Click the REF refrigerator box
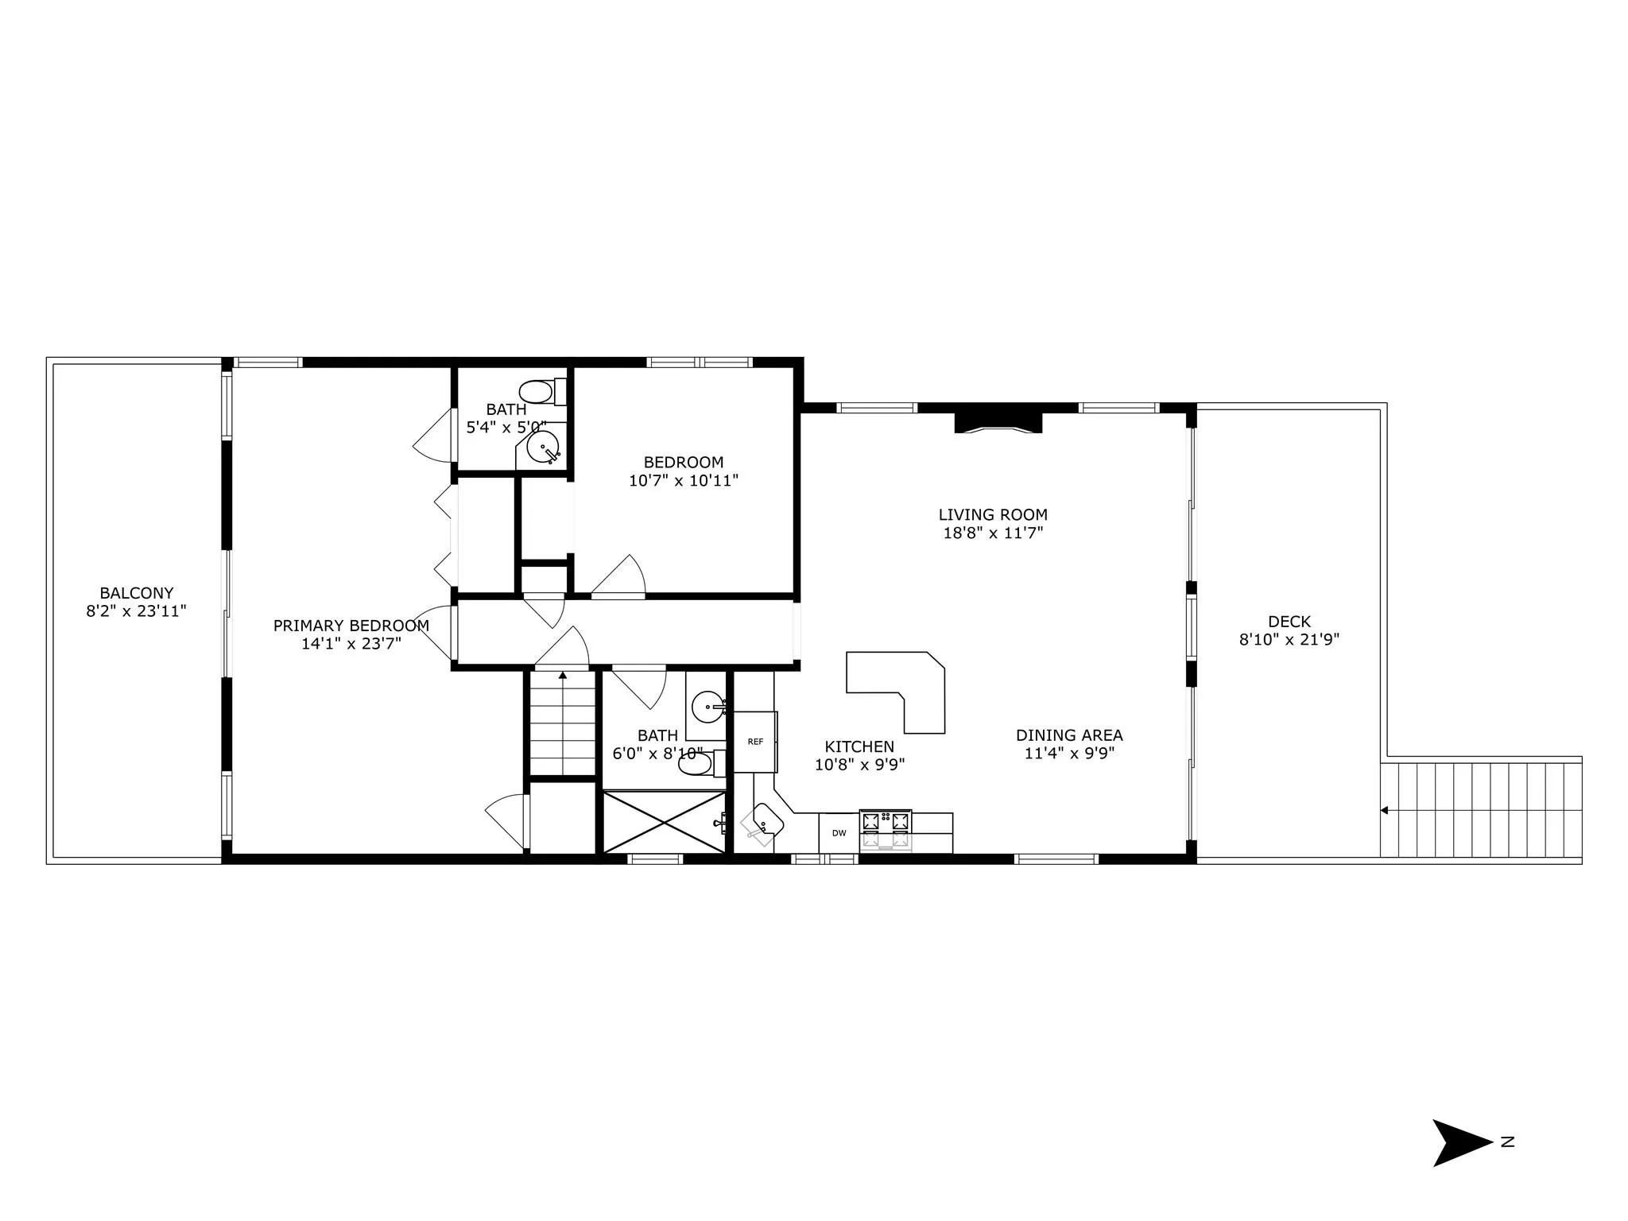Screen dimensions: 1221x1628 (754, 742)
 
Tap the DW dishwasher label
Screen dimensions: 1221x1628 (839, 833)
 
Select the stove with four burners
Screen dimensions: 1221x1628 (886, 829)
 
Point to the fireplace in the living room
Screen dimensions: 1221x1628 (998, 422)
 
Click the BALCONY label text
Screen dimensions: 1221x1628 (137, 593)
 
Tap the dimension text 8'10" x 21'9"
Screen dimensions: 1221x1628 (1289, 639)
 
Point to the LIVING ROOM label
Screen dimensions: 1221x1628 (993, 514)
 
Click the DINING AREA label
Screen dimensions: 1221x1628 (1069, 735)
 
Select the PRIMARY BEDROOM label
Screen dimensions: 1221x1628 (351, 626)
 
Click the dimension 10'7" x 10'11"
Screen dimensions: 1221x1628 (684, 480)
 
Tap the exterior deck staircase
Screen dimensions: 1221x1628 (1481, 810)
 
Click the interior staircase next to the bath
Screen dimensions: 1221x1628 (562, 723)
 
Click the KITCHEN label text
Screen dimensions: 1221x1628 (859, 746)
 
